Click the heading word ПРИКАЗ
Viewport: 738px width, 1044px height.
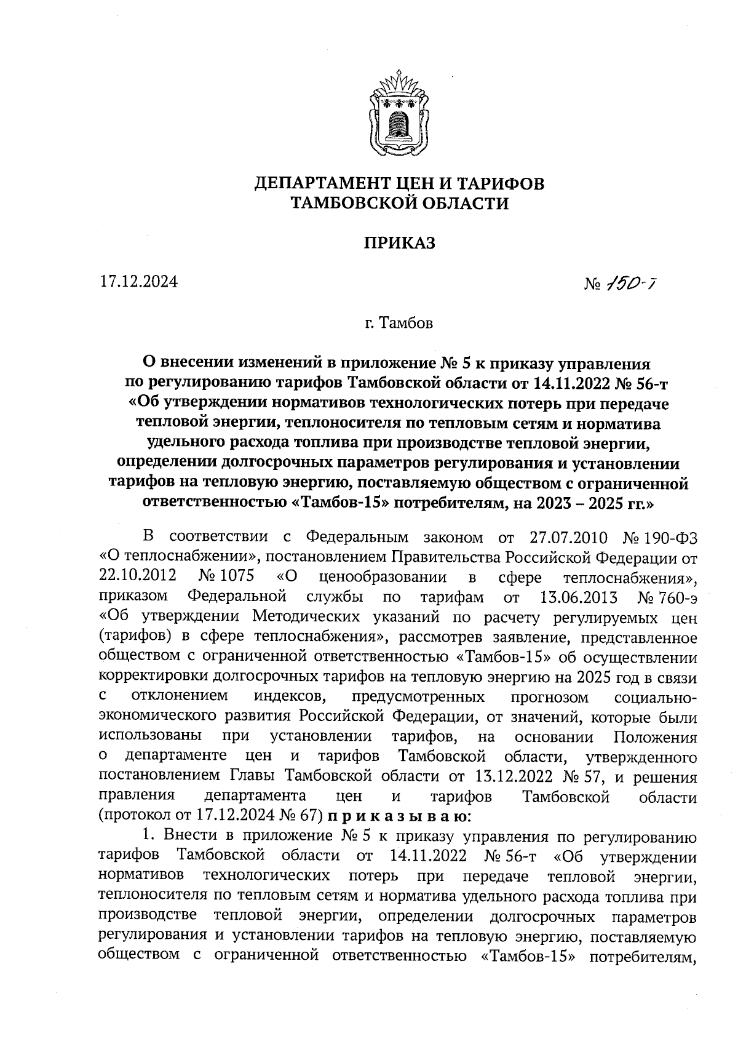(400, 244)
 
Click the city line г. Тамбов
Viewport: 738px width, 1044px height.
(399, 323)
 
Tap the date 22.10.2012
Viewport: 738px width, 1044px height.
(138, 577)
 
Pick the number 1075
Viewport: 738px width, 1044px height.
(234, 577)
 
